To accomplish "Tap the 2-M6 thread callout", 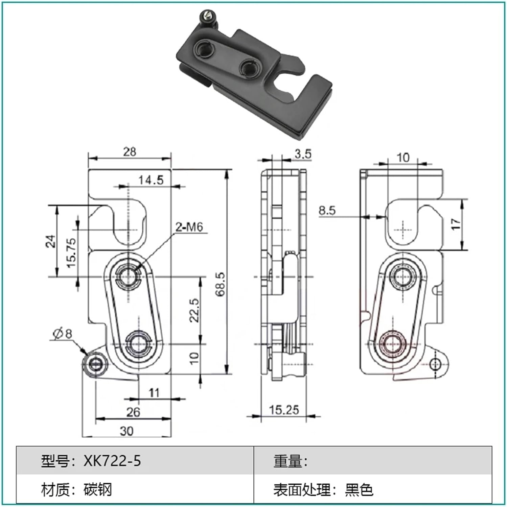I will [x=189, y=227].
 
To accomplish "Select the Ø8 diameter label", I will [x=63, y=334].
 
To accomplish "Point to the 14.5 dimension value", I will [x=151, y=180].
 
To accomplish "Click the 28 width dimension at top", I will [x=129, y=152].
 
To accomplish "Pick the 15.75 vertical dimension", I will [x=72, y=253].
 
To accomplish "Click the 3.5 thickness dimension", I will [x=303, y=154].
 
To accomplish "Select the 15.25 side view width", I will [x=284, y=410].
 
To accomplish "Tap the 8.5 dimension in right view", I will [x=327, y=211].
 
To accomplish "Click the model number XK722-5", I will [x=112, y=461].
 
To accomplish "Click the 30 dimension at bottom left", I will [x=126, y=431].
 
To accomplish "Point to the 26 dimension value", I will [x=133, y=412].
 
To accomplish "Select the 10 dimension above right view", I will [x=402, y=158].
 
